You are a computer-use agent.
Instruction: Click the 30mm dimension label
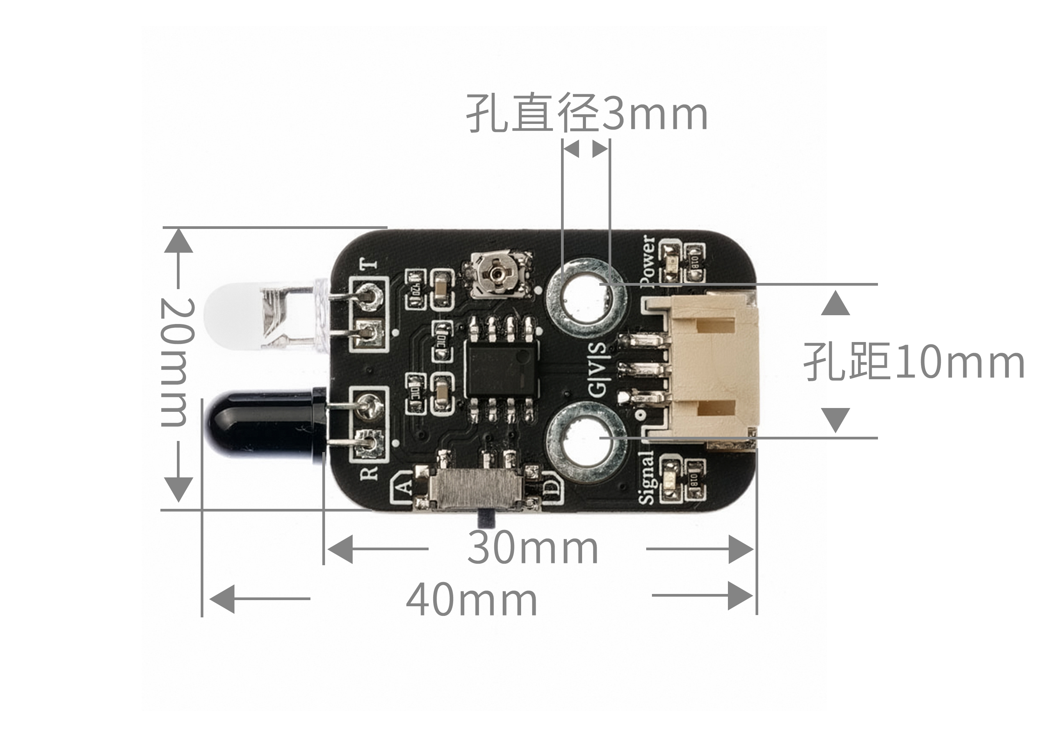[x=533, y=548]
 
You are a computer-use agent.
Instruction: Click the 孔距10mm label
[x=914, y=362]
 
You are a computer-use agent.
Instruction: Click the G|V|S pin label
[x=597, y=369]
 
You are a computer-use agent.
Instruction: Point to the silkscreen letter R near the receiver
[x=370, y=473]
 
